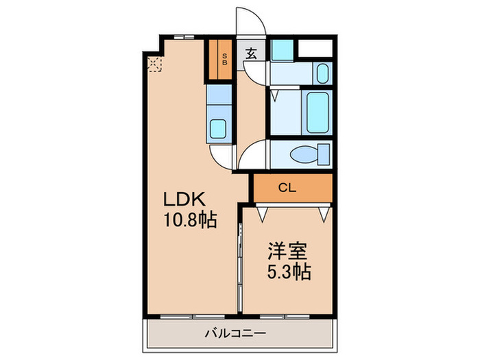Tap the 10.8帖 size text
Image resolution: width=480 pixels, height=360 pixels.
point(190,221)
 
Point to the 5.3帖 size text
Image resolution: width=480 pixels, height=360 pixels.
point(289,272)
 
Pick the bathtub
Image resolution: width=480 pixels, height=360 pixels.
point(317,112)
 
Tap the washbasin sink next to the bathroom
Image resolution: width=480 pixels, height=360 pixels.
point(323,72)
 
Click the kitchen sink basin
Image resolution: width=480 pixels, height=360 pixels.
point(220,128)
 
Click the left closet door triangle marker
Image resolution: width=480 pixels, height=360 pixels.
point(263,213)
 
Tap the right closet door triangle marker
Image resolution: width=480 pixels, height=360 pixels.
point(323,213)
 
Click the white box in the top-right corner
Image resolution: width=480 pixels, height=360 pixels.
point(316,49)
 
